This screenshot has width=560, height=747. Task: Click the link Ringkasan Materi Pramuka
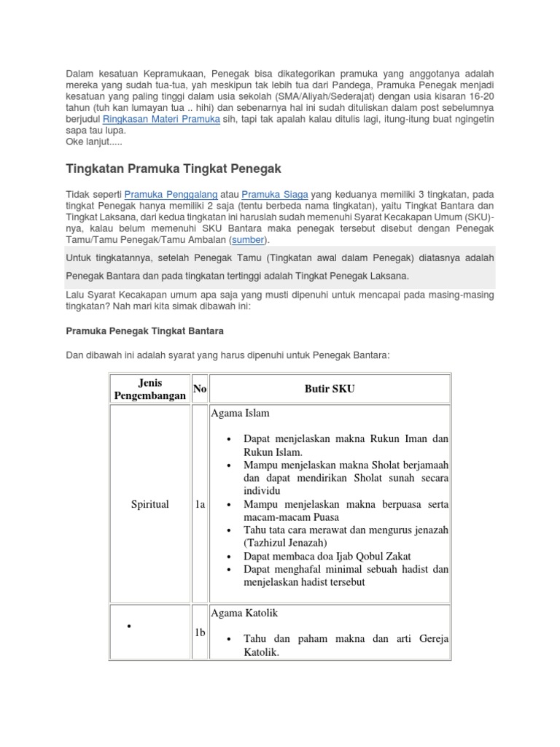coord(161,119)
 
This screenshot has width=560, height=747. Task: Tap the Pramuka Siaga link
coord(275,195)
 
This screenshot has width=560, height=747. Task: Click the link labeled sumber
coord(248,239)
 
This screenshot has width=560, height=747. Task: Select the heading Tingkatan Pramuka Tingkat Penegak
coord(174,169)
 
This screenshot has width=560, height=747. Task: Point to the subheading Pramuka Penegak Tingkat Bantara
coord(144,330)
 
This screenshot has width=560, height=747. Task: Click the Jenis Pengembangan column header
coord(149,389)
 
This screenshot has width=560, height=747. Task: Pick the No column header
coord(200,389)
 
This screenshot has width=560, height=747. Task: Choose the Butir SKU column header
coord(330,389)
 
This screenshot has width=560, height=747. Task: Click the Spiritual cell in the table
coord(149,504)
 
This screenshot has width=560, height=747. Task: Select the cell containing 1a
coord(200,504)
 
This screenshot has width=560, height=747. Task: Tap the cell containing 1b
coord(200,632)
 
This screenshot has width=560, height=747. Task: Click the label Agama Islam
coord(240,413)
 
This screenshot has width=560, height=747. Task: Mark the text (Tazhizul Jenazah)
coord(285,543)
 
